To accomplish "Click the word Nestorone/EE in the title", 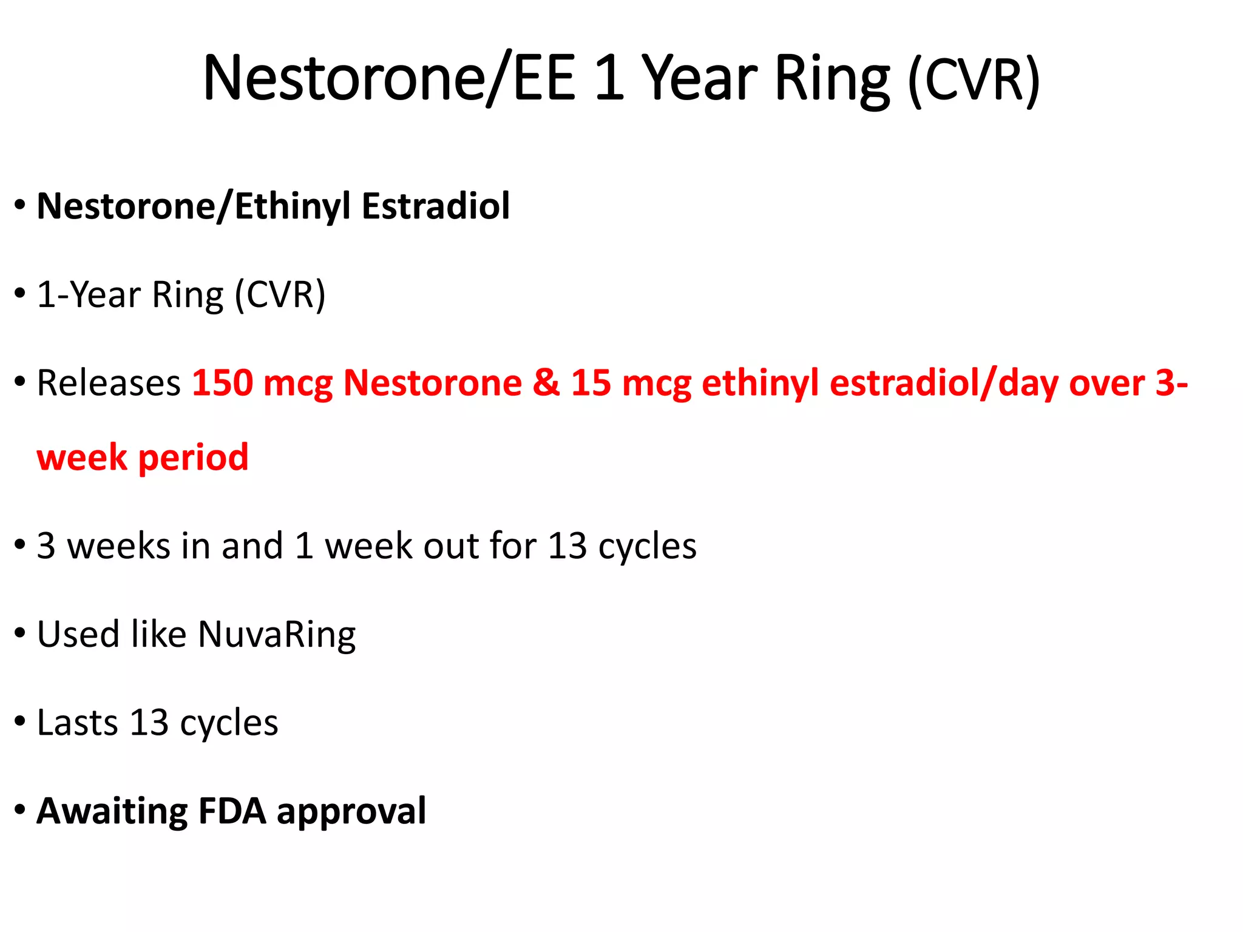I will coord(388,79).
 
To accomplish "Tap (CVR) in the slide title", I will coord(974,81).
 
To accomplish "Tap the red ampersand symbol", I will coord(546,383).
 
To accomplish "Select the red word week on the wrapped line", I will coord(81,458).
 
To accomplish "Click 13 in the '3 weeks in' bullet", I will coord(567,546).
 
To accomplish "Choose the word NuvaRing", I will coord(277,635).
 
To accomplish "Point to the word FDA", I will coord(232,811).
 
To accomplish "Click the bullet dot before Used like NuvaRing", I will coord(20,633).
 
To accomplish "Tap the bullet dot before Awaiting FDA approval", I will coord(20,810).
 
